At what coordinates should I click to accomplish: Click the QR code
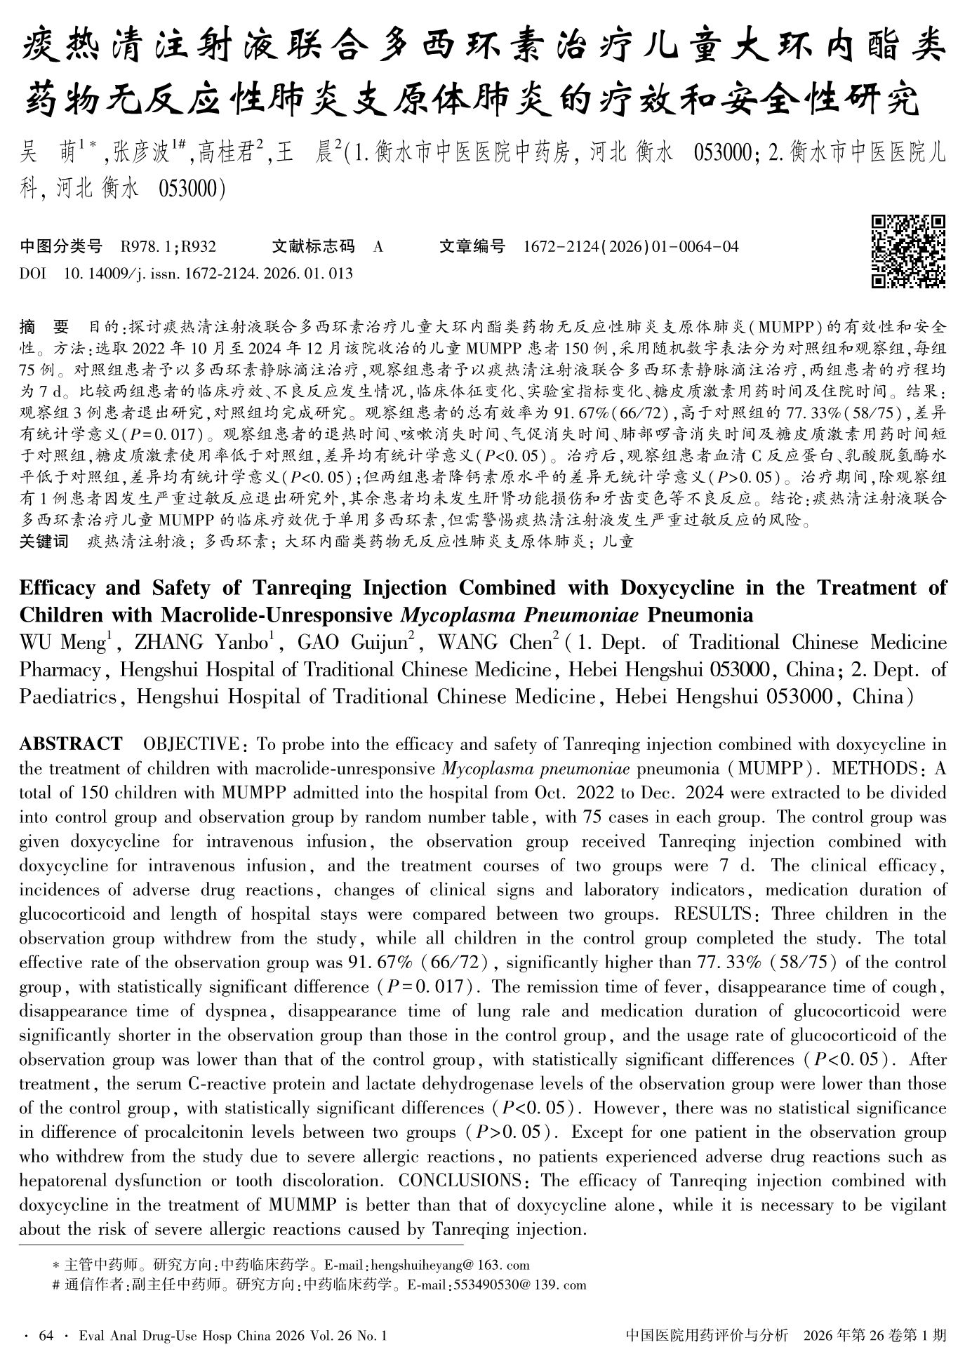pyautogui.click(x=908, y=252)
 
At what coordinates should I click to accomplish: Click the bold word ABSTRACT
pyautogui.click(x=70, y=744)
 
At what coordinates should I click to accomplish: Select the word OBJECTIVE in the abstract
pyautogui.click(x=190, y=744)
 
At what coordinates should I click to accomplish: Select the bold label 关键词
pyautogui.click(x=44, y=542)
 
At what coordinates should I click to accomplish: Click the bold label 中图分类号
pyautogui.click(x=61, y=247)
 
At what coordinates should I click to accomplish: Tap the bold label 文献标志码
pyautogui.click(x=313, y=247)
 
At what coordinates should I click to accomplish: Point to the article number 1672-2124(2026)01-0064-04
pyautogui.click(x=631, y=247)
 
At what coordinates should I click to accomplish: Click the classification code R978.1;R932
pyautogui.click(x=168, y=247)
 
